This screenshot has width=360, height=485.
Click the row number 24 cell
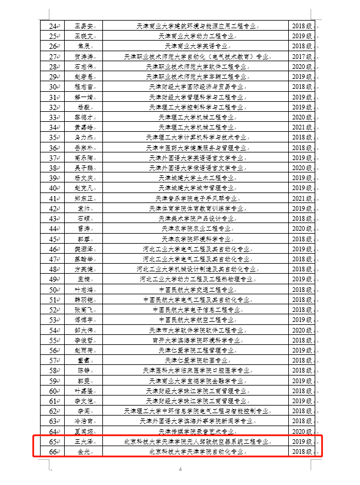pyautogui.click(x=54, y=26)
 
